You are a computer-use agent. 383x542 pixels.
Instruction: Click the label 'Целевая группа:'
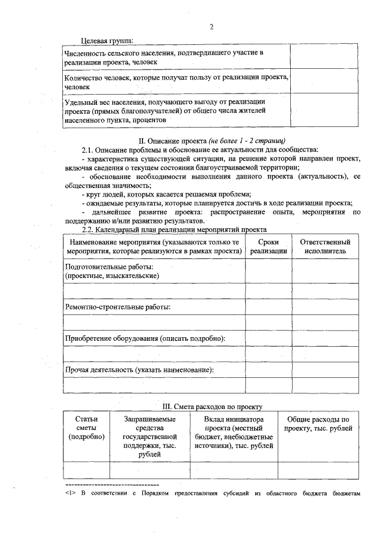[x=107, y=40]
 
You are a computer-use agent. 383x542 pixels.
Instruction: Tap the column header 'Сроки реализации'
[x=268, y=246]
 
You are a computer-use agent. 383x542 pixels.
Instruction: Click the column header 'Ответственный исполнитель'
[x=325, y=246]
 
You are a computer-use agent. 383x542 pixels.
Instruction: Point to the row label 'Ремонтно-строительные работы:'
[x=117, y=307]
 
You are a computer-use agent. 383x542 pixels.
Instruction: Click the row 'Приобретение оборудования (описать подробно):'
[x=145, y=338]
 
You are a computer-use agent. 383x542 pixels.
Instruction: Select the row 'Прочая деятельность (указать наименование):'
[x=139, y=370]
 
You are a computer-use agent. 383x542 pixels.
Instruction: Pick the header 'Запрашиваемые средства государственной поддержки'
[x=150, y=437]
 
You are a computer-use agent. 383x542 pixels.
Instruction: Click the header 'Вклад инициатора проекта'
[x=233, y=432]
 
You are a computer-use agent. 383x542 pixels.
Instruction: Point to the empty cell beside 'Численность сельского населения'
[x=324, y=57]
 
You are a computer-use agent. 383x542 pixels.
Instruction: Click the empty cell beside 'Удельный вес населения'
[x=324, y=111]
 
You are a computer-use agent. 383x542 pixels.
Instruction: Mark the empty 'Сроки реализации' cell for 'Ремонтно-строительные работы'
[x=268, y=307]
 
